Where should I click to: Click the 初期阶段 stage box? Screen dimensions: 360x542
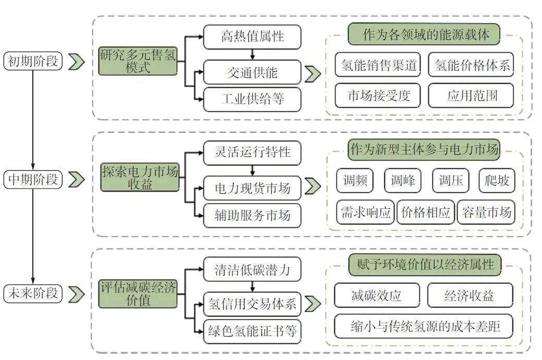click(x=33, y=61)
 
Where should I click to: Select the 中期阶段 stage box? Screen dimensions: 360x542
click(x=33, y=180)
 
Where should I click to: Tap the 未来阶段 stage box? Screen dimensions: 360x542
click(x=33, y=294)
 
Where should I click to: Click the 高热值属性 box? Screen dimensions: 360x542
click(x=252, y=37)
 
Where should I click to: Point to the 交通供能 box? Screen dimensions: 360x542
click(x=252, y=73)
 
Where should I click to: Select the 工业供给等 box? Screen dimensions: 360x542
click(x=252, y=99)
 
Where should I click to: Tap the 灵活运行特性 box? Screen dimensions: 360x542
click(x=252, y=153)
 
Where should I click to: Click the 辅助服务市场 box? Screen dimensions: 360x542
click(x=252, y=215)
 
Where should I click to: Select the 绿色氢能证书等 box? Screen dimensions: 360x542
click(x=252, y=332)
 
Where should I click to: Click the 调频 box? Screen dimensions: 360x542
click(x=355, y=181)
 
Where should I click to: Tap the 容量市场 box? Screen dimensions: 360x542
click(x=485, y=212)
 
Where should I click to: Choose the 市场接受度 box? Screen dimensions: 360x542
click(x=379, y=95)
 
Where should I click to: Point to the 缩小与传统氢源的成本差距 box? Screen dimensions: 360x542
click(x=425, y=327)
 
